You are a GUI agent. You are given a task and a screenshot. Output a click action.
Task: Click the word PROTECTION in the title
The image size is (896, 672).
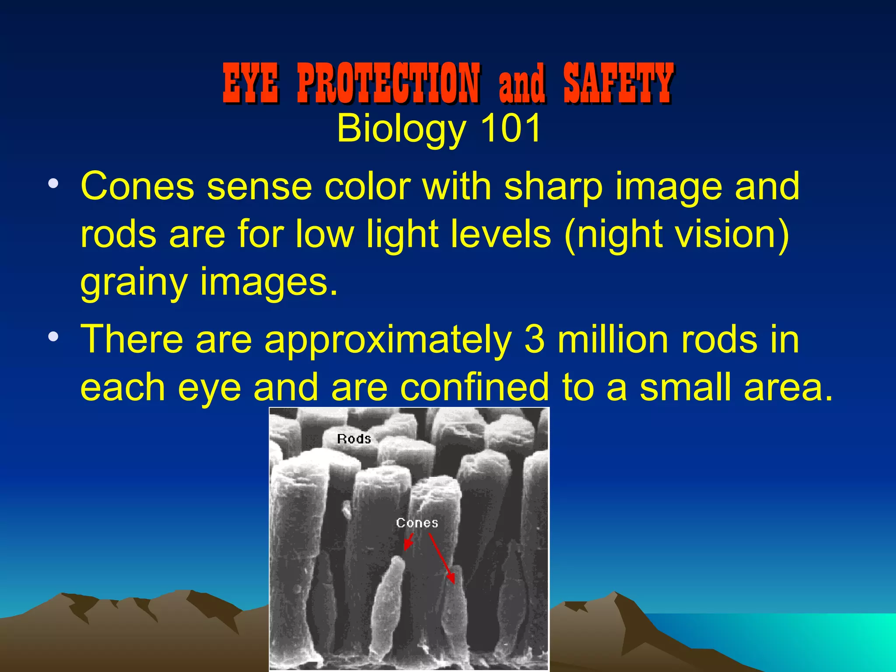388,83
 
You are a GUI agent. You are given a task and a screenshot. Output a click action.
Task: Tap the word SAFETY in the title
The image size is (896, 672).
618,83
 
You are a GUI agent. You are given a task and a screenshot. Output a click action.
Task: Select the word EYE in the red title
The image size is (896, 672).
250,83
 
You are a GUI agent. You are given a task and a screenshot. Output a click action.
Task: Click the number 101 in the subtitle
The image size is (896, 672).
511,129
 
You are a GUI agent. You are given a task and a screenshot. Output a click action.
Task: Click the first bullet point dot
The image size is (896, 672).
53,184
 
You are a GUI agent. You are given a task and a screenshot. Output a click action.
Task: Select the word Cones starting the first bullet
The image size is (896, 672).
137,186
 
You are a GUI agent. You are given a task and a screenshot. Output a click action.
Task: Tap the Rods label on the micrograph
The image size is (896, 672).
354,439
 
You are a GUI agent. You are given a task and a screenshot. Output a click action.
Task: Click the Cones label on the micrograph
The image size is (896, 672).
417,523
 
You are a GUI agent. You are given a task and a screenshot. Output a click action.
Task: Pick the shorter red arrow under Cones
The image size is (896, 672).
409,542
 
